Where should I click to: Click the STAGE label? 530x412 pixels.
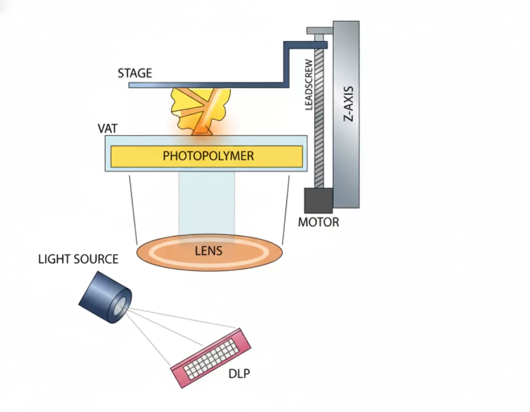pos(135,73)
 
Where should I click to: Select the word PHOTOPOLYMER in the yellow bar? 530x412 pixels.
pos(208,156)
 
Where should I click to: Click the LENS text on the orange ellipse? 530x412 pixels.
pos(209,252)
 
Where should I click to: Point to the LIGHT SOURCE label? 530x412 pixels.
pos(78,259)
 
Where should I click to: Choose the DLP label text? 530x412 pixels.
pos(239,373)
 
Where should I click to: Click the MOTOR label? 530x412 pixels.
pos(318,223)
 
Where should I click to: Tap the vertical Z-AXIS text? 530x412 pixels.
pos(348,104)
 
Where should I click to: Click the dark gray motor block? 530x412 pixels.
pos(318,200)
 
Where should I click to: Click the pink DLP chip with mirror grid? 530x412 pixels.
pos(211,355)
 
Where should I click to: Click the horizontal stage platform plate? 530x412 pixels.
pos(207,85)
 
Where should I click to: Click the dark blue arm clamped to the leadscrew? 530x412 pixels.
pos(305,46)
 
